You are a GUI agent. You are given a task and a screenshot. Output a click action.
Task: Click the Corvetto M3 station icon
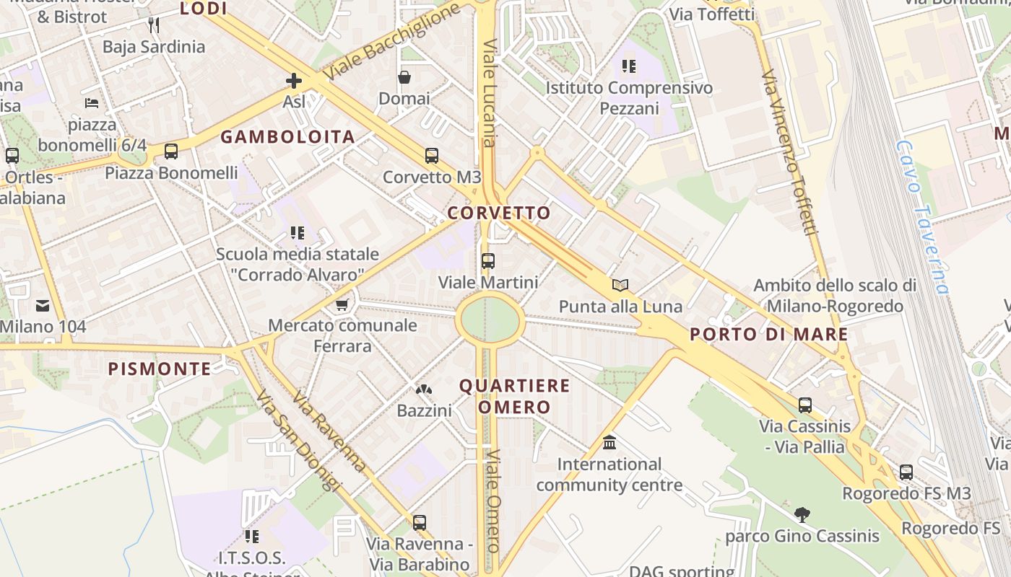[x=432, y=155]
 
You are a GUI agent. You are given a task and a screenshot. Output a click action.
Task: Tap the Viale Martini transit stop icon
[x=488, y=261]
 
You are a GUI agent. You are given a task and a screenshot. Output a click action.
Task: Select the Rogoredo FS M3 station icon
[x=906, y=472]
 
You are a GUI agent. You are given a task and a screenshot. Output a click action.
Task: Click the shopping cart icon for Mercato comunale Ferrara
[x=342, y=304]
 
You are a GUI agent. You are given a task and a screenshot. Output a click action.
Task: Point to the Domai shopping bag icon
[x=404, y=77]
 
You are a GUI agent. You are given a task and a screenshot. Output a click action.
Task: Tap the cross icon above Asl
[x=294, y=81]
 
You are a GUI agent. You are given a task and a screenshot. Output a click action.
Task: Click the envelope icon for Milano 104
[x=42, y=306]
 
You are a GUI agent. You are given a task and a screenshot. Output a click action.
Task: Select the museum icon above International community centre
[x=609, y=442]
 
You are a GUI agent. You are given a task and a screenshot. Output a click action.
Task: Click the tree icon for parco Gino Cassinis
[x=802, y=514]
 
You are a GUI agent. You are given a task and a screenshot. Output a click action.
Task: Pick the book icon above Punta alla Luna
[x=620, y=285]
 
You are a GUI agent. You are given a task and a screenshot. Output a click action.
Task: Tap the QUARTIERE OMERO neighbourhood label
[x=514, y=396]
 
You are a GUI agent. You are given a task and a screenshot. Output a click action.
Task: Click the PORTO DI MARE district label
[x=768, y=335]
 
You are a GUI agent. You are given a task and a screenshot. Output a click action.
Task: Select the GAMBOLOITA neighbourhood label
[x=287, y=137]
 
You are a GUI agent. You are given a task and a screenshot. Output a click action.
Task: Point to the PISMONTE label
[x=160, y=369]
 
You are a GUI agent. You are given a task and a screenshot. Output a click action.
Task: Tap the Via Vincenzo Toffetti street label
[x=791, y=151]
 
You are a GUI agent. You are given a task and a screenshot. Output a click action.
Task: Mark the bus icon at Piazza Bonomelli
[x=171, y=151]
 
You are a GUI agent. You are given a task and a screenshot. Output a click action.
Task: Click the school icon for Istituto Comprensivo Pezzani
[x=629, y=66]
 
